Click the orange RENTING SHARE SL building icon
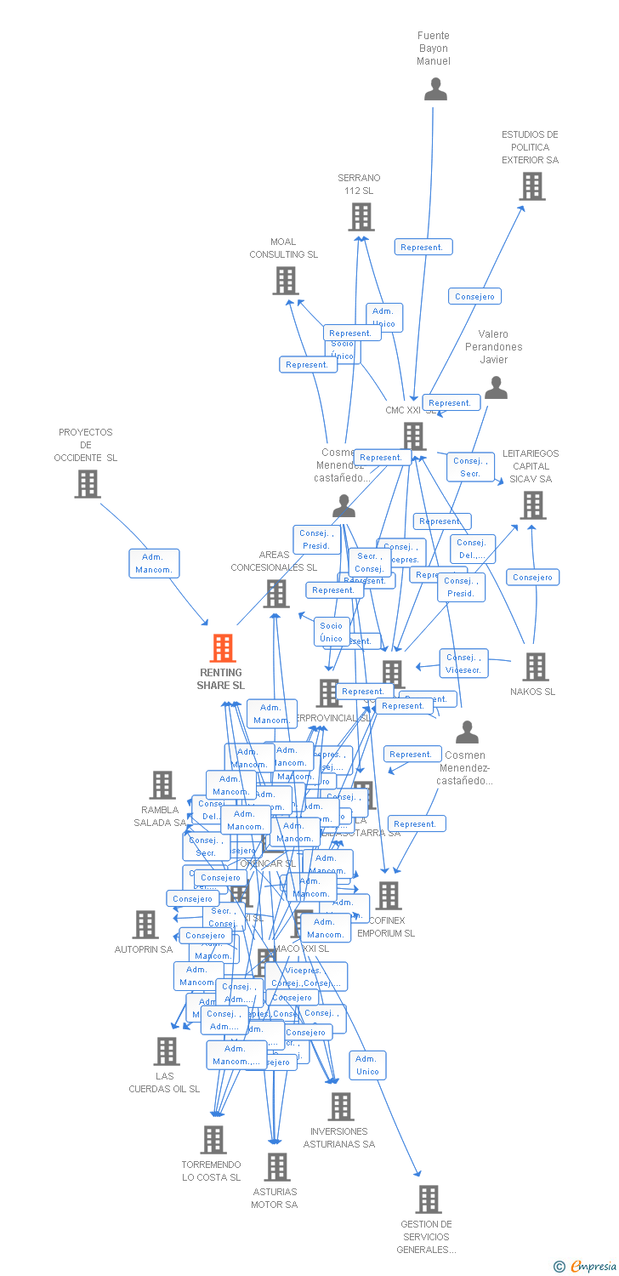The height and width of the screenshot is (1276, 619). coord(223,648)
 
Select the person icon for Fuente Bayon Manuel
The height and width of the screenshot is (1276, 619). coord(435,89)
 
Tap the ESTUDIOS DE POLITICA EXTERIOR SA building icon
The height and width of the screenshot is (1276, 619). coord(532,186)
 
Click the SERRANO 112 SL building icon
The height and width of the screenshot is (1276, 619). coord(361,217)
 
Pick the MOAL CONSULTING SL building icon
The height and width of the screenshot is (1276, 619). coord(286,281)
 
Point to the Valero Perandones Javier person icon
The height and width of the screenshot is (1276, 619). coord(496,388)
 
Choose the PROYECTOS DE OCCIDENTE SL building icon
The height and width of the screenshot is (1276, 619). coord(88,484)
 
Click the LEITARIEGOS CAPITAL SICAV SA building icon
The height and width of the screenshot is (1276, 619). coord(533,505)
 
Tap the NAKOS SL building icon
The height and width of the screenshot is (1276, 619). coord(536,667)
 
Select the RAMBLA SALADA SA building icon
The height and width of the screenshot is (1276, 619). coord(162,785)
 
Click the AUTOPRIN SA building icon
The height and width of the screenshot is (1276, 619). coord(145,925)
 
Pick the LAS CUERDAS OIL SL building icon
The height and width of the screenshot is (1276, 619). coord(167,1051)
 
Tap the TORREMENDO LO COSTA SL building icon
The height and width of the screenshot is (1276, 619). coord(213,1140)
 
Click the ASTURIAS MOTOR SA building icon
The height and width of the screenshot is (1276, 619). coord(277,1167)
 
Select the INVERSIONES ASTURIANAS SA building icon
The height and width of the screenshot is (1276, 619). coord(341,1107)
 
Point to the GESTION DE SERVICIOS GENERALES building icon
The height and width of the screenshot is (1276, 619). coord(429,1199)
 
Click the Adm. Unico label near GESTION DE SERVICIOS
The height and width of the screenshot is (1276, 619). coord(367,1065)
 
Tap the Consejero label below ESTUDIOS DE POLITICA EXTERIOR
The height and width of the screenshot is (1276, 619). coord(474,296)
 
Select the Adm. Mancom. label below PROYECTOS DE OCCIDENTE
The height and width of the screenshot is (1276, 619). coord(154,563)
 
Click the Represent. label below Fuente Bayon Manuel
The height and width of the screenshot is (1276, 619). coord(423,247)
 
